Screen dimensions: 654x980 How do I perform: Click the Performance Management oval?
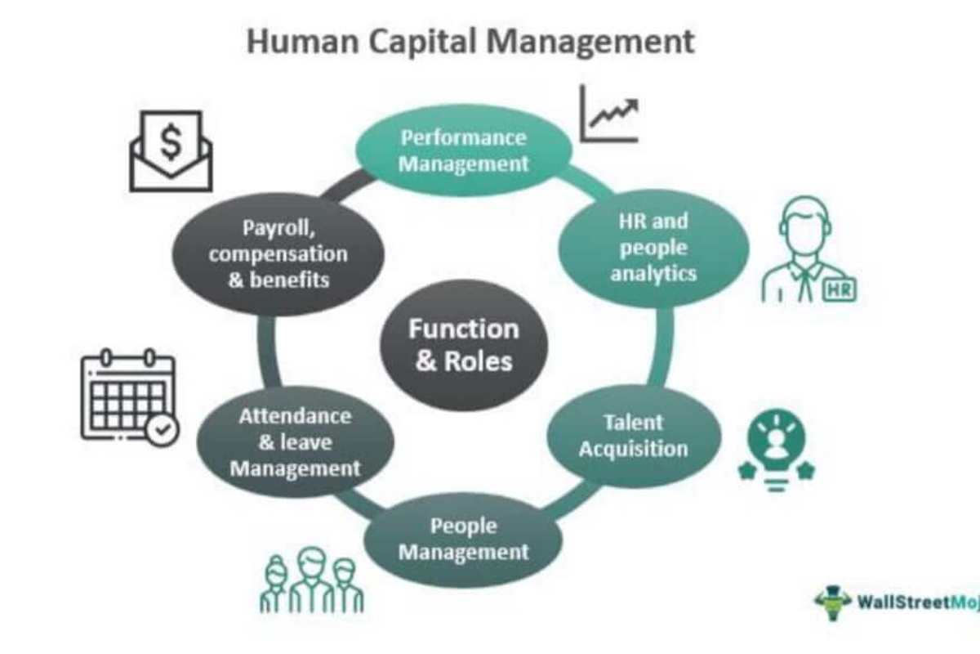click(x=463, y=150)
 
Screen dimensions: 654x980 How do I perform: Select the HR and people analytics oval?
click(x=653, y=247)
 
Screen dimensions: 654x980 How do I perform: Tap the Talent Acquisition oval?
click(x=633, y=436)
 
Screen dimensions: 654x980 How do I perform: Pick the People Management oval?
click(x=463, y=540)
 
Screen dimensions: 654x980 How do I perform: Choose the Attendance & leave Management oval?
click(x=295, y=442)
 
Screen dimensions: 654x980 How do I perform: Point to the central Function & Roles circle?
click(x=463, y=344)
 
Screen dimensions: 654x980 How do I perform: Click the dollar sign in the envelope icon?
click(x=171, y=144)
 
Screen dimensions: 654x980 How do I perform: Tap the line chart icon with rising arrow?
click(x=608, y=114)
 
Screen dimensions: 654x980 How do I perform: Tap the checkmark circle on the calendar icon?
click(x=163, y=429)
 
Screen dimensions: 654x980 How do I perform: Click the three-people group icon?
click(x=313, y=580)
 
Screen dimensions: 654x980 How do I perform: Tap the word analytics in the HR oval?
click(x=653, y=273)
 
